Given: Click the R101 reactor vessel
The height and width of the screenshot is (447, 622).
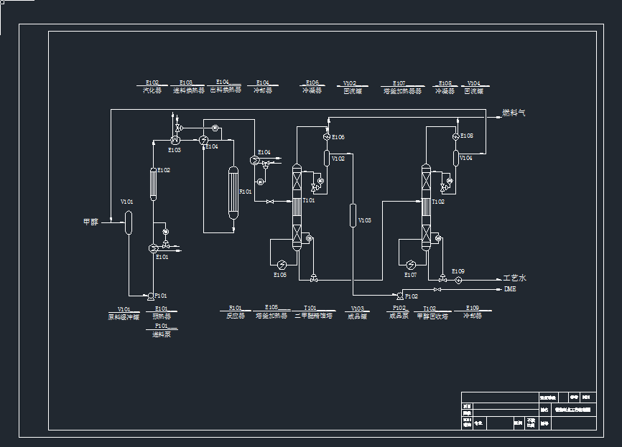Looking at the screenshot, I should click(x=233, y=193).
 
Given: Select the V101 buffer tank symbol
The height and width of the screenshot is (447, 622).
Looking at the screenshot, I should click(x=128, y=222).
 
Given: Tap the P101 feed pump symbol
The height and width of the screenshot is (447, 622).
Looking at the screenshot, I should click(x=150, y=295).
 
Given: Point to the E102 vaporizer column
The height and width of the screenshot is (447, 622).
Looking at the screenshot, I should click(x=153, y=184).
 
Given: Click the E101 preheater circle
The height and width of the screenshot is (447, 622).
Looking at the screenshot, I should click(x=153, y=248).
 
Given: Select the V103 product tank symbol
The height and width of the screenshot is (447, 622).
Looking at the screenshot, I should click(x=353, y=215).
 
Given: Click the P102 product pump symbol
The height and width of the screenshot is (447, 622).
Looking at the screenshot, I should click(x=399, y=295).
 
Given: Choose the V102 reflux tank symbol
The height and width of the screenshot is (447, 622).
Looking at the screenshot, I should click(x=327, y=158).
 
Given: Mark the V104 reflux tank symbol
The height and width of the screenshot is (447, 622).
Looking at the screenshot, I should click(x=455, y=157).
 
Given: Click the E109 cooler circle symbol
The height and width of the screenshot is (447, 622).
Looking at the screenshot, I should click(x=457, y=280).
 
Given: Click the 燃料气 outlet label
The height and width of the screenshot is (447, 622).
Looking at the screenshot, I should click(x=514, y=113).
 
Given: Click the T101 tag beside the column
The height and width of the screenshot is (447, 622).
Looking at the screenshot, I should click(x=309, y=201).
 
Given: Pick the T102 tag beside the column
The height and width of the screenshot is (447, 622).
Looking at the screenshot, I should click(x=438, y=202).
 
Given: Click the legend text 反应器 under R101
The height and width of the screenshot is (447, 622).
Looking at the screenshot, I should click(x=236, y=316).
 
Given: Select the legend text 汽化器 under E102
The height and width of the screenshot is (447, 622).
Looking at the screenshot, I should click(x=152, y=91).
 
